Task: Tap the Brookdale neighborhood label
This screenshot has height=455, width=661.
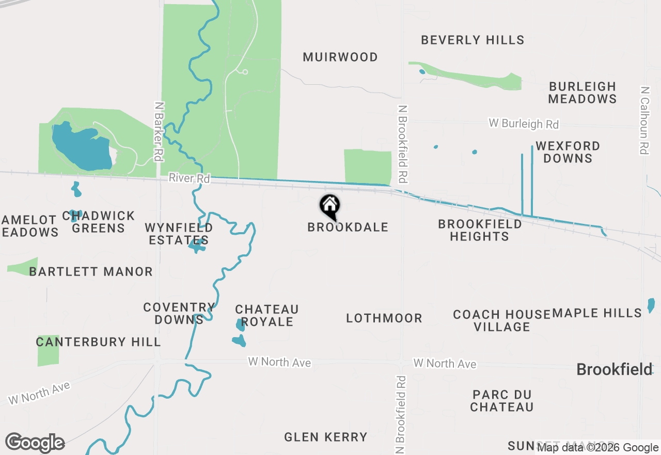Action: coord(348,228)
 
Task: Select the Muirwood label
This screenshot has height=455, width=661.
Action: coord(340,57)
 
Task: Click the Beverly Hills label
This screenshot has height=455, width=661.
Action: coord(473,40)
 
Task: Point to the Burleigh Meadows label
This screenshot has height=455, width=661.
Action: coord(583,93)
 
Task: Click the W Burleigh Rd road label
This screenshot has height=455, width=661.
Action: coord(524,124)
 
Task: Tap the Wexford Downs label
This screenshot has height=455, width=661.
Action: coord(568,152)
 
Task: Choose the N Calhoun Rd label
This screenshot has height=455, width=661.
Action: coord(644,120)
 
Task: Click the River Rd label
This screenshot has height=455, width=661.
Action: coord(189,178)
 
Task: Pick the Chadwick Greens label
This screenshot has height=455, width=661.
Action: coord(99,222)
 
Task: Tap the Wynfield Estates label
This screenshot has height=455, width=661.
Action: coord(179,234)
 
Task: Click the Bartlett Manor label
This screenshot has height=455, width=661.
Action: coord(91,271)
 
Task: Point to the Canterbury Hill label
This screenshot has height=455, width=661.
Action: coord(98,342)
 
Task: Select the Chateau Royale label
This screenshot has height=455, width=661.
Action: coord(267,315)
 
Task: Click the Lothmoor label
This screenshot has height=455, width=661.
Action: coord(384,318)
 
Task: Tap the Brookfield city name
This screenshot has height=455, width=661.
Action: coord(614,370)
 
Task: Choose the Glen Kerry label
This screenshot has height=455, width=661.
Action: coord(326,437)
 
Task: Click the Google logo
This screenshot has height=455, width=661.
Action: coord(35,443)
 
